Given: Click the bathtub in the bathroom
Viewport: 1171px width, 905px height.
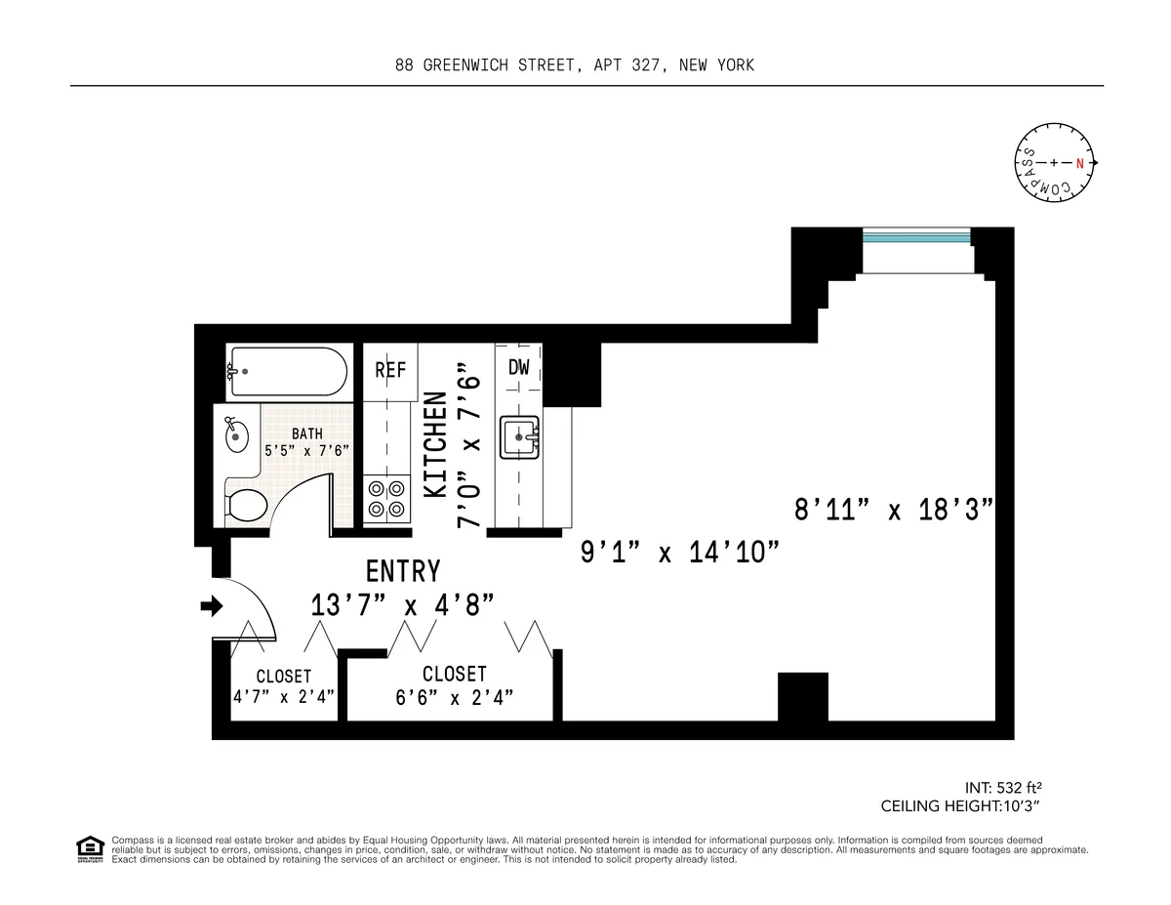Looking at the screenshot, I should tap(287, 372).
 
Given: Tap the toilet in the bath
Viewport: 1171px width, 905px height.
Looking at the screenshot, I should tap(248, 506).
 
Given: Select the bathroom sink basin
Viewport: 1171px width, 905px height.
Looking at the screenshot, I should tap(236, 435).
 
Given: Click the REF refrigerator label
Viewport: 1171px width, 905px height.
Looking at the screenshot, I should tap(390, 371).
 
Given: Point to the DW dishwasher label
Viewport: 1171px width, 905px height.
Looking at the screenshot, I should tap(519, 368).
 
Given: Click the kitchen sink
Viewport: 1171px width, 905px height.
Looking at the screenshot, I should tap(519, 437).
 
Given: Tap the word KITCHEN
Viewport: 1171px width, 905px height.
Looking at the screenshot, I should tap(436, 445).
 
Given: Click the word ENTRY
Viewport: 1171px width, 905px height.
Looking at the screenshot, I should tap(403, 571).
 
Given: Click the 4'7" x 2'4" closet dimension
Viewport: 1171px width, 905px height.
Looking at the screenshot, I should tap(284, 696).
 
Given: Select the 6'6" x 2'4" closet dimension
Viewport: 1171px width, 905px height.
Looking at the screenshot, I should tap(455, 696).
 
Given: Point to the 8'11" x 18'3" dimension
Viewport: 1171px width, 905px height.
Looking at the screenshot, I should tap(894, 510).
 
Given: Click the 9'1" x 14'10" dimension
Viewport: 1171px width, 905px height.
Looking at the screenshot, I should tap(681, 553).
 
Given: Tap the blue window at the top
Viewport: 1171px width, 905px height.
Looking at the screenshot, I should tap(916, 237).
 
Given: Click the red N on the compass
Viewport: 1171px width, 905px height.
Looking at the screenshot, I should tap(1080, 163).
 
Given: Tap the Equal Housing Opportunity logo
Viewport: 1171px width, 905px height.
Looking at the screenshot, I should tap(89, 849).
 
